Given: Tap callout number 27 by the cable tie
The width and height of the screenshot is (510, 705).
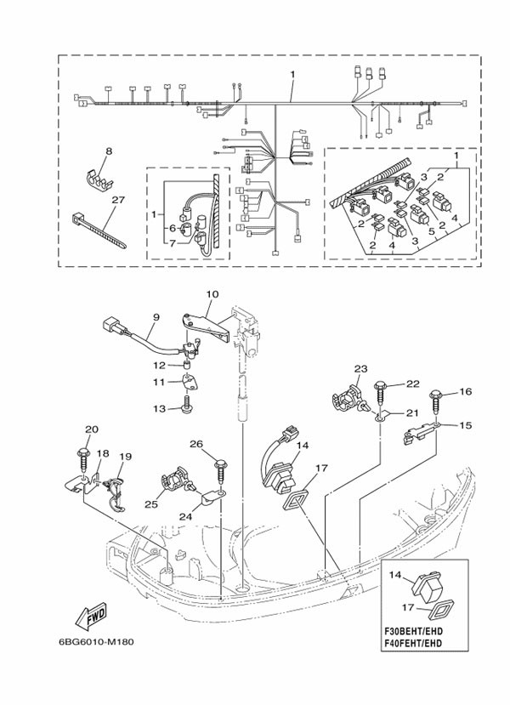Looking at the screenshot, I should pos(118,201).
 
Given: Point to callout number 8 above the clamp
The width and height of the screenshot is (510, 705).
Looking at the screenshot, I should pos(108,151).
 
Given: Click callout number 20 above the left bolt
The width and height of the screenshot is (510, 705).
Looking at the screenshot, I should pos(91,429).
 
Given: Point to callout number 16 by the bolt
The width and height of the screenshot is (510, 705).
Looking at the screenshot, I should pos(464,392).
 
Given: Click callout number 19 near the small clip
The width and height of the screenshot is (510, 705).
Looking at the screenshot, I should pos(125,457).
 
